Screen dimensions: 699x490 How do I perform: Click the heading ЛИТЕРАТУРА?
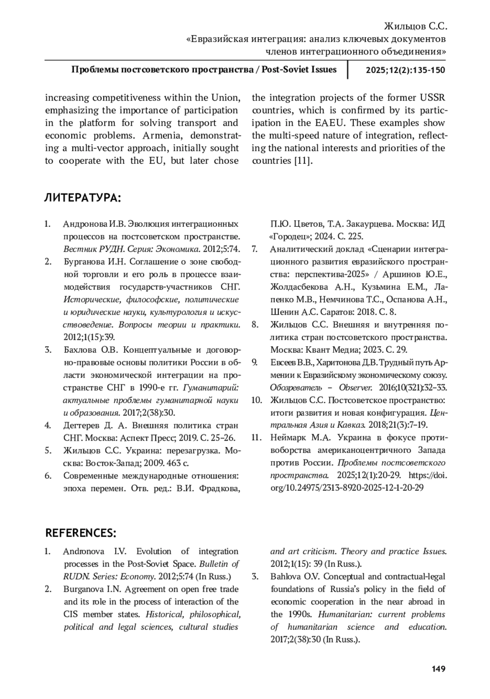(x=82, y=198)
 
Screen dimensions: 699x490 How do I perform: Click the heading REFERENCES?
(x=81, y=533)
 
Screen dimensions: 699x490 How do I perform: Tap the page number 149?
(x=438, y=669)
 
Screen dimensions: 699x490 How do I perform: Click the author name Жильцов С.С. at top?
(x=416, y=27)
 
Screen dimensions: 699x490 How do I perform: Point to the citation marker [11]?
(x=303, y=161)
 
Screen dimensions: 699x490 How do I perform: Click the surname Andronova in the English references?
(x=84, y=551)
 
